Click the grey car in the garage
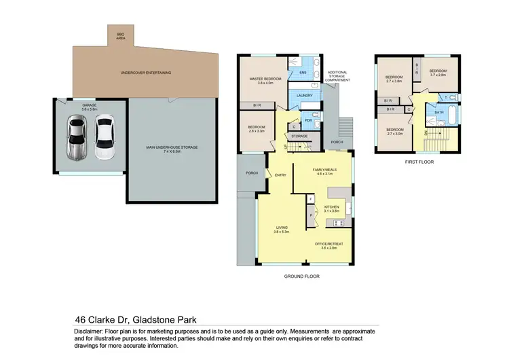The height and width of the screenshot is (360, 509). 75,138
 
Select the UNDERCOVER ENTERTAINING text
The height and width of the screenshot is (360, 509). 145,73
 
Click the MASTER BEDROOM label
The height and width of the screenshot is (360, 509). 263,81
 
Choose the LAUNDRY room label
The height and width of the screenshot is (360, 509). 304,96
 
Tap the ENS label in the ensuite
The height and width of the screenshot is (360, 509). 303,72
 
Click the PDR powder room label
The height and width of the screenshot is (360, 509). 307,120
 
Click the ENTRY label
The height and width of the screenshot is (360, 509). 280,175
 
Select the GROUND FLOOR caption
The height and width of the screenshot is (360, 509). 301,276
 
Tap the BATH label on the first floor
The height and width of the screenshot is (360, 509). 439,113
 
